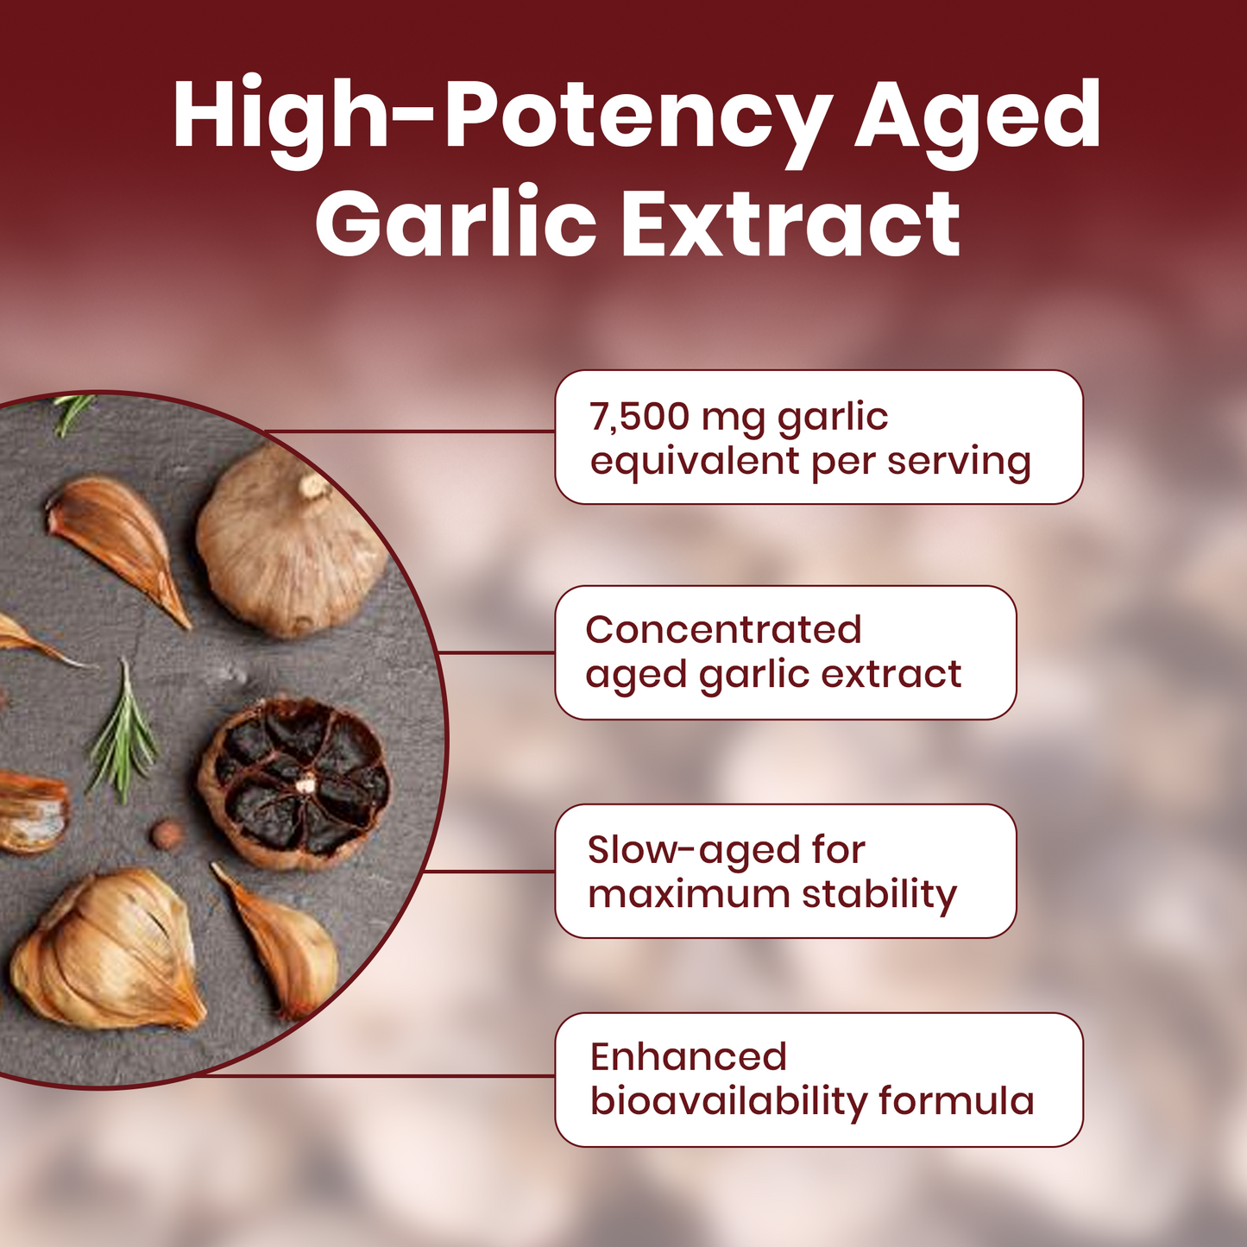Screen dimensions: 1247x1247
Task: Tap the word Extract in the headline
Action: click(x=790, y=224)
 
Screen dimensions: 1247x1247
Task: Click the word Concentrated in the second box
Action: click(x=723, y=630)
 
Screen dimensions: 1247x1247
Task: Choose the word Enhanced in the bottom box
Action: click(x=688, y=1057)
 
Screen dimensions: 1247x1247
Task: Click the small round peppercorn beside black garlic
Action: click(x=166, y=834)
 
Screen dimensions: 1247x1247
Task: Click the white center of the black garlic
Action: click(x=305, y=784)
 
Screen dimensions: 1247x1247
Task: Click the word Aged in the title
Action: click(x=977, y=117)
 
